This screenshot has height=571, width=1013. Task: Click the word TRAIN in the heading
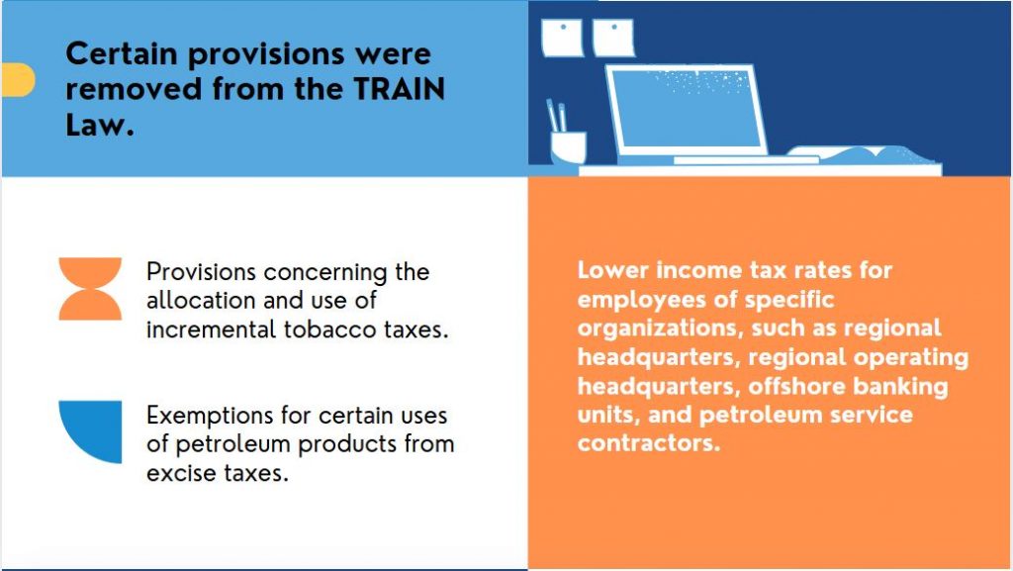pyautogui.click(x=400, y=89)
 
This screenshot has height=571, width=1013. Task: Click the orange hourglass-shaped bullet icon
pyautogui.click(x=90, y=289)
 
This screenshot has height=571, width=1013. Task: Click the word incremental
pyautogui.click(x=212, y=330)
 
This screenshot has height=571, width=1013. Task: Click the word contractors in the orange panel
pyautogui.click(x=648, y=443)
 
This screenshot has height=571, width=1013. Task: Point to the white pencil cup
pyautogui.click(x=569, y=147)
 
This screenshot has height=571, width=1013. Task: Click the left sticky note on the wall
pyautogui.click(x=562, y=38)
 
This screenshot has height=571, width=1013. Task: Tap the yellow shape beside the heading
pyautogui.click(x=18, y=80)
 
